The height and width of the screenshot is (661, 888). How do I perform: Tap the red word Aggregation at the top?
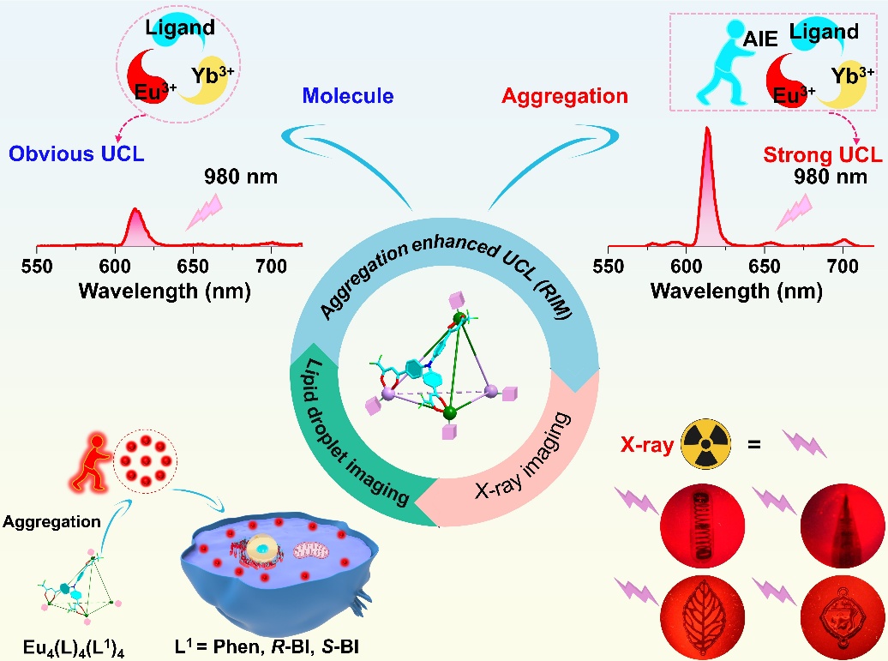[x=565, y=96]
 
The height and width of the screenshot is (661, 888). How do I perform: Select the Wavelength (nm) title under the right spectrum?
[x=736, y=291]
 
